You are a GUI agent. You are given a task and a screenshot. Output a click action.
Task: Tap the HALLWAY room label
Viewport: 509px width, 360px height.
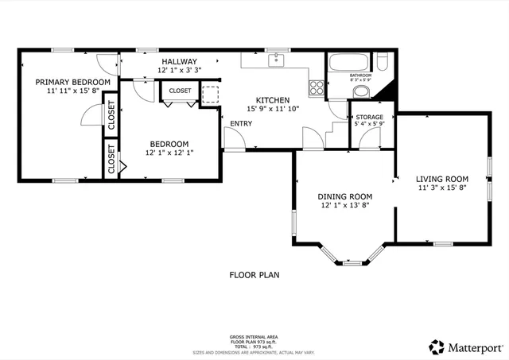pos(179,61)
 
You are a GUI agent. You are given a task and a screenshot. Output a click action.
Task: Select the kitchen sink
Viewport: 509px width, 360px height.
pos(276,60)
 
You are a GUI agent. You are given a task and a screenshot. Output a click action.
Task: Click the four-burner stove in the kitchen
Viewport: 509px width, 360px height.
pos(316,86)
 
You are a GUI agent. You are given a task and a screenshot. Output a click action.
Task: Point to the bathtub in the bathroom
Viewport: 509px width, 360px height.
pos(348,62)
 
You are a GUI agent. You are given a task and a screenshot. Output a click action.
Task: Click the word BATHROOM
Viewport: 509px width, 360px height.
pos(361,75)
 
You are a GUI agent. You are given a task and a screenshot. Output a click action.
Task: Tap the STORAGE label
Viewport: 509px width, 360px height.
pos(369,117)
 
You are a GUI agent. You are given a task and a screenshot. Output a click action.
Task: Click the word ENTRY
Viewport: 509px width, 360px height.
pos(241,124)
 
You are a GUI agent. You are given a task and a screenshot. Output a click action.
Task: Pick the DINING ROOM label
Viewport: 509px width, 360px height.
pos(345,196)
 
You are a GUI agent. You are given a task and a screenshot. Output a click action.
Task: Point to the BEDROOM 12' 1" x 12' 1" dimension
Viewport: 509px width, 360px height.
pos(169,153)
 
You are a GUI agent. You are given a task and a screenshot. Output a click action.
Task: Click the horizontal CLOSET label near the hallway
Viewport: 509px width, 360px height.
pos(180,91)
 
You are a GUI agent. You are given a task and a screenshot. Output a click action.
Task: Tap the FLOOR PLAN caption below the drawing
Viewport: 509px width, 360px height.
pos(254,275)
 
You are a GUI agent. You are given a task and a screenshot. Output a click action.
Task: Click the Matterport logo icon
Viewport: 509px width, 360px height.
pos(436,346)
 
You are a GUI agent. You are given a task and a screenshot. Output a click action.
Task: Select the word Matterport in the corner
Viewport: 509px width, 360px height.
pos(474,346)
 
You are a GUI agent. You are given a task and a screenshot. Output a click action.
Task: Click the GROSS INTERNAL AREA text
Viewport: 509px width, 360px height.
pos(254,337)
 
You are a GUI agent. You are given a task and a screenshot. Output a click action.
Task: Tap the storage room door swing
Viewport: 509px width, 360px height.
pos(368,138)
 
